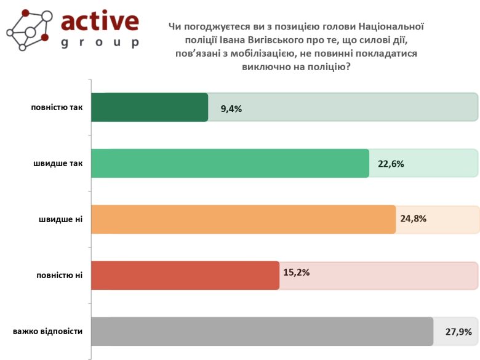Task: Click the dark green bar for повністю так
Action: click(x=150, y=107)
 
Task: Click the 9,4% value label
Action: click(x=231, y=108)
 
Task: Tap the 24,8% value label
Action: click(x=414, y=218)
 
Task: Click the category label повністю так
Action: click(x=57, y=107)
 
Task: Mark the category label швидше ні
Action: click(x=60, y=219)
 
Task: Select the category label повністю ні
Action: click(x=59, y=275)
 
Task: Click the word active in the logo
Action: click(x=100, y=22)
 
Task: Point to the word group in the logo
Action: click(x=100, y=42)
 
